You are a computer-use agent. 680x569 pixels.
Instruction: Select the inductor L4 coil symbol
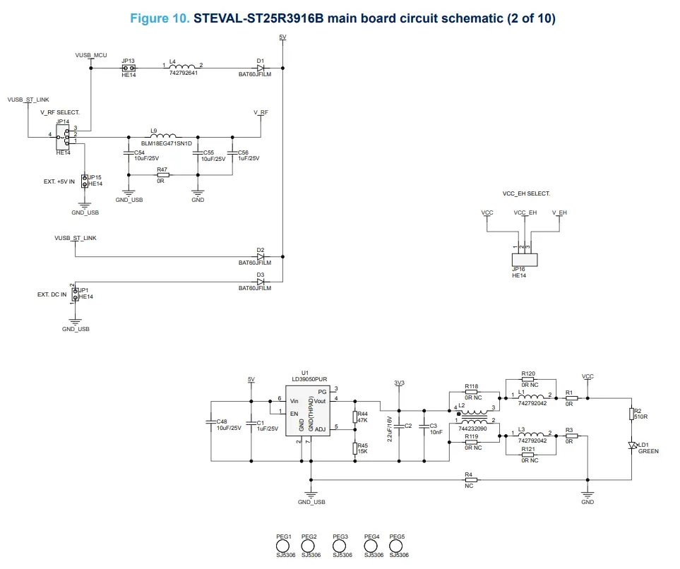[183, 68]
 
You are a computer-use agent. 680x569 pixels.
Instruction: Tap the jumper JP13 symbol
[128, 68]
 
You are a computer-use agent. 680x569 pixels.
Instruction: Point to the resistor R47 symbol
[163, 175]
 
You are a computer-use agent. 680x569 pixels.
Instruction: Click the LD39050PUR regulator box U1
[309, 410]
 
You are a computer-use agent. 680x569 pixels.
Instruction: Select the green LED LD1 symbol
[633, 445]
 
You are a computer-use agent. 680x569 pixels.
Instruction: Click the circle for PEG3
[340, 546]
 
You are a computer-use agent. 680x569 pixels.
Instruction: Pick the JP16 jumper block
[523, 260]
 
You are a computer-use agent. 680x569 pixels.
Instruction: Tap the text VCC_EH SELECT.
[525, 193]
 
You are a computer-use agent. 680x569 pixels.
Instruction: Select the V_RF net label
[261, 112]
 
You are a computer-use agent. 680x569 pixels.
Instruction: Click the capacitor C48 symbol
[211, 423]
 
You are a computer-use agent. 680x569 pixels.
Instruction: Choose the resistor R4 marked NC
[471, 480]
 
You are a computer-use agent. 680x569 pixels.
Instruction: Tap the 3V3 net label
[399, 383]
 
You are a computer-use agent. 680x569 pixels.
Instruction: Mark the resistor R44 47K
[355, 417]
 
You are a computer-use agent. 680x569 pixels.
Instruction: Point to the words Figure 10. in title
[160, 18]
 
